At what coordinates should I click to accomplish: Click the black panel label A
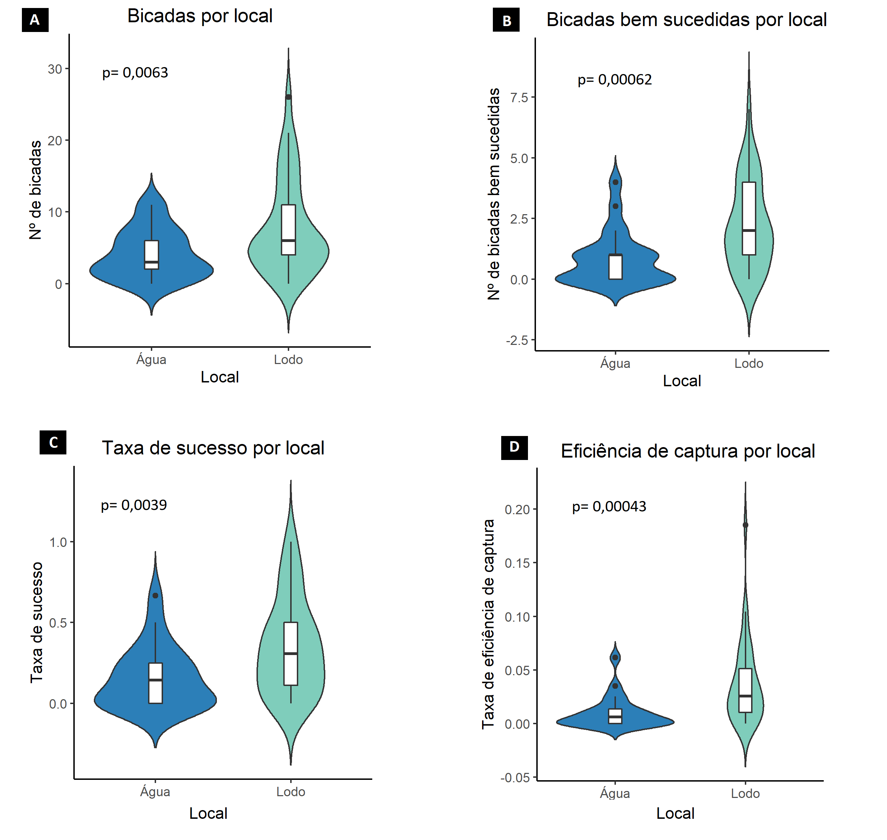pos(35,20)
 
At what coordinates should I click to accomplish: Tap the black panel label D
pos(514,447)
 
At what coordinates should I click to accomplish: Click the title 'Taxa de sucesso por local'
pos(213,448)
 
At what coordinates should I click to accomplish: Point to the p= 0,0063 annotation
pos(135,73)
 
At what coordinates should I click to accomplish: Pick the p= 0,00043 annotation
pos(609,507)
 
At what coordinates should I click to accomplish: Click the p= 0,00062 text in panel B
pos(615,80)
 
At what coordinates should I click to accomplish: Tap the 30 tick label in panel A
pos(55,70)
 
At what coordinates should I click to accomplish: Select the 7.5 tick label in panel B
pos(519,98)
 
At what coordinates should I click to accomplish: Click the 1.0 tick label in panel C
pos(58,542)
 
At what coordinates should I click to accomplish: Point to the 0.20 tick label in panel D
pos(517,510)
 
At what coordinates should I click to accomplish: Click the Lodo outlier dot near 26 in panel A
pos(288,97)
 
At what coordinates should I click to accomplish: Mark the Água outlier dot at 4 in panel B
pos(615,182)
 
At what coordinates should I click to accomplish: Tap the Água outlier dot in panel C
pos(155,596)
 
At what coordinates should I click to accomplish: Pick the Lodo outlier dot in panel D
pos(745,525)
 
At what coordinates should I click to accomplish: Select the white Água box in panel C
pos(155,683)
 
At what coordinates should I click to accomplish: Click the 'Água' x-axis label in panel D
pos(615,793)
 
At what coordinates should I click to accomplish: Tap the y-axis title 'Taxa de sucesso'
pos(37,622)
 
